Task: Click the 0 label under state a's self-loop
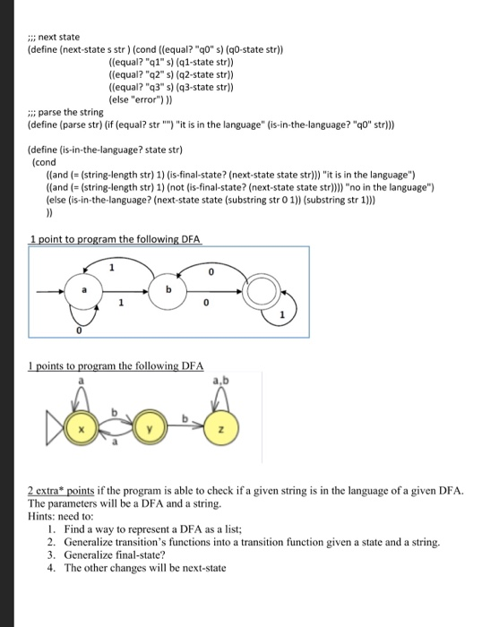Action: [79, 332]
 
